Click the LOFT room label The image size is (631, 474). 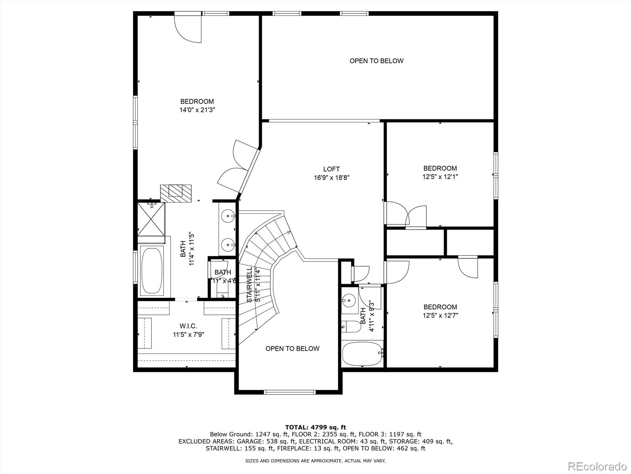point(331,169)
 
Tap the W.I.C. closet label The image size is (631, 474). point(188,326)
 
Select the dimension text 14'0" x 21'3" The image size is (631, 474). point(197,110)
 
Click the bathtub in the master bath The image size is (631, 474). point(152,271)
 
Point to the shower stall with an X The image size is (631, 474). point(151,218)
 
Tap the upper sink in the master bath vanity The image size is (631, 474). point(228,216)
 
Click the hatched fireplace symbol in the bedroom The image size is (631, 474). point(176,194)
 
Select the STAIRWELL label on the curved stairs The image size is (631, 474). point(249,284)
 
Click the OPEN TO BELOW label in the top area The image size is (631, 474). point(376,61)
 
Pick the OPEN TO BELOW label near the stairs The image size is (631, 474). point(292,348)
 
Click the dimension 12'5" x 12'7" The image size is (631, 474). point(440,316)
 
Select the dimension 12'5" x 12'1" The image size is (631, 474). point(440,177)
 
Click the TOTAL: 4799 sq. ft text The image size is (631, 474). point(315,427)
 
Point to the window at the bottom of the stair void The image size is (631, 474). point(290,392)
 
